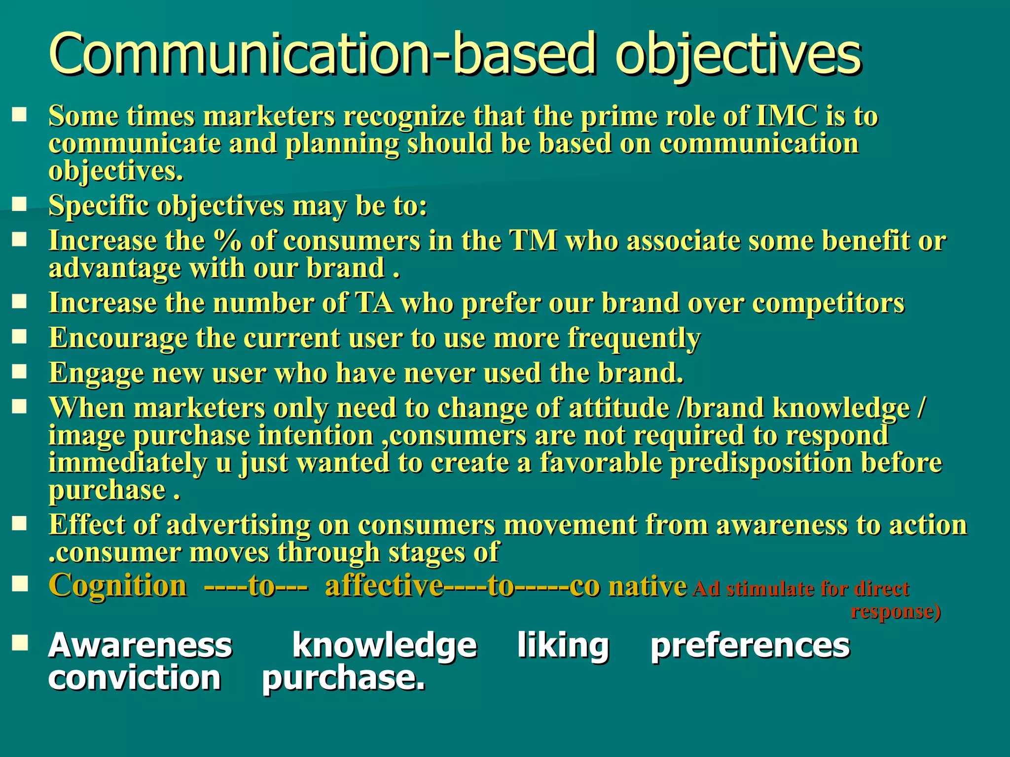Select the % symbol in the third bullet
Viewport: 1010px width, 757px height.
pyautogui.click(x=228, y=241)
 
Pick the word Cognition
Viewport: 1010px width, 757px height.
pyautogui.click(x=118, y=586)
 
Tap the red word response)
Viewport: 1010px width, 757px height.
pyautogui.click(x=896, y=612)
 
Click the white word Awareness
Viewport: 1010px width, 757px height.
pyautogui.click(x=140, y=646)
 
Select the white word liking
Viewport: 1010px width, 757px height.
pyautogui.click(x=563, y=646)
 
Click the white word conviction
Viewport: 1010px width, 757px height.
pyautogui.click(x=134, y=679)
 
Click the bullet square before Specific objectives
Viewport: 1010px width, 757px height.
pyautogui.click(x=19, y=204)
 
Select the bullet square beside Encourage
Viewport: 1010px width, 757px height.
pyautogui.click(x=19, y=337)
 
